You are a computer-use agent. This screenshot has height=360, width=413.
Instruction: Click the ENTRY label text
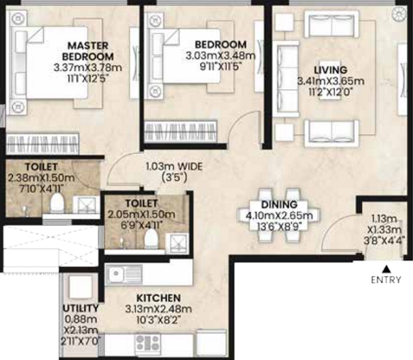386,280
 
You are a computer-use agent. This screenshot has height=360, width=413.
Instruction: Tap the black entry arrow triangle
386,269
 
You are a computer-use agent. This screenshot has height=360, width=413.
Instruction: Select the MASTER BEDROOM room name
88,51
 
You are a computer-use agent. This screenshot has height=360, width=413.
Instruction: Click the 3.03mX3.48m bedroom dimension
220,56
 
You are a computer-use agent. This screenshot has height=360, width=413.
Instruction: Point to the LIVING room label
331,70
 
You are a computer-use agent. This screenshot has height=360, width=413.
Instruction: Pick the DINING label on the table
279,205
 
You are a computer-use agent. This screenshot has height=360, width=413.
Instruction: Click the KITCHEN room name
159,298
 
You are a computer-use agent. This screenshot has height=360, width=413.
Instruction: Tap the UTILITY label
81,308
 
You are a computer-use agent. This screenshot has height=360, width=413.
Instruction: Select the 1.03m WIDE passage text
174,167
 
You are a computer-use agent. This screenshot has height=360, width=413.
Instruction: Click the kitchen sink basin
115,274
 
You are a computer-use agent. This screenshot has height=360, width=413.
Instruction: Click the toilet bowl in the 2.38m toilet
57,203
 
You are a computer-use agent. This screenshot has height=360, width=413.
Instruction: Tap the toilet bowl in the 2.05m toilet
151,239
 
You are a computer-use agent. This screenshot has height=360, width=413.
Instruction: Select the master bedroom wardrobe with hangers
42,144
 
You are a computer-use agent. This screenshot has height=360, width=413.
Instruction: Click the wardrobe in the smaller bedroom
181,132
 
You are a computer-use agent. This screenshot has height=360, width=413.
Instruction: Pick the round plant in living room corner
400,13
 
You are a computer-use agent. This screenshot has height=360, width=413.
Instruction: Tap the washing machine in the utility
81,287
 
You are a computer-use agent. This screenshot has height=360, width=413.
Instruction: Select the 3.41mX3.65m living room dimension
331,81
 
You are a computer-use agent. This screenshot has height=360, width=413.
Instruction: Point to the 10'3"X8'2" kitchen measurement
159,320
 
